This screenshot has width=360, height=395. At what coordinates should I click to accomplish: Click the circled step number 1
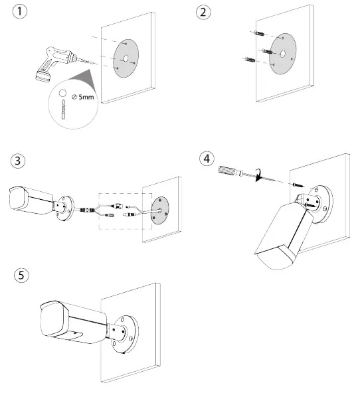coord(20,11)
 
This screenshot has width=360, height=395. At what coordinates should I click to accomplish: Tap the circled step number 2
coord(203,13)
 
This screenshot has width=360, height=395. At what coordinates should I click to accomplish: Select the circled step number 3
coord(18,161)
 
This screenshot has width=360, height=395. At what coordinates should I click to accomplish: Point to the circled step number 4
coord(207,159)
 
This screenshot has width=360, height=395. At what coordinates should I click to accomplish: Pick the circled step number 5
coord(21,275)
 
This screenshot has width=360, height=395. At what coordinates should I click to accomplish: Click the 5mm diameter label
coord(82,97)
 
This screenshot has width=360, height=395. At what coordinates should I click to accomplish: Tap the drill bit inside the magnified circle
coord(63,110)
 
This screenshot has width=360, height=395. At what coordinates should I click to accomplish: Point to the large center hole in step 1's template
coord(126,58)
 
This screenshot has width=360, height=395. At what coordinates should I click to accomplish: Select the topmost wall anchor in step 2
coord(260,33)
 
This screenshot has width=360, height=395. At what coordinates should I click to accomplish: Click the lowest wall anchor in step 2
coord(250,60)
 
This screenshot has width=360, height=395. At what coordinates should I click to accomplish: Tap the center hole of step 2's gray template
coord(282,53)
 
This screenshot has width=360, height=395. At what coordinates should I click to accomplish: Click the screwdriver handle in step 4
coord(228,171)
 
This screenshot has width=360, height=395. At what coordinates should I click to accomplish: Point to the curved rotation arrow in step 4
coord(259,175)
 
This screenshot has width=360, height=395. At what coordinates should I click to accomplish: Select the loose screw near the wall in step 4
coord(298,185)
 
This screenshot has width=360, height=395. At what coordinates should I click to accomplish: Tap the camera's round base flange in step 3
coord(65,208)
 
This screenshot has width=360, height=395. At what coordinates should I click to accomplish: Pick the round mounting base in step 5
coord(126,333)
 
